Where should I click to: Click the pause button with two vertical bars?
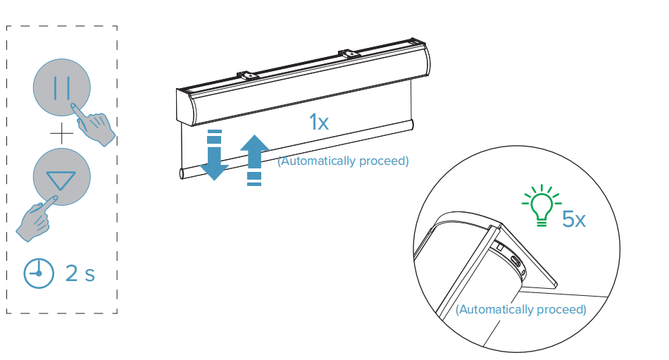tap(62, 87)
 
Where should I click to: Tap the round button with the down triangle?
tap(62, 176)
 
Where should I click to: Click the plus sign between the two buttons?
tap(62, 133)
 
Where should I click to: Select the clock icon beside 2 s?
tap(39, 273)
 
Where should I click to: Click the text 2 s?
tap(80, 273)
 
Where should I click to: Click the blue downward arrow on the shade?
tap(214, 154)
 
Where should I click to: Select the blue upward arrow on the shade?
tap(254, 160)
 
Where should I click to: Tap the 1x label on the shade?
tap(319, 122)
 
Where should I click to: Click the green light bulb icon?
tap(542, 205)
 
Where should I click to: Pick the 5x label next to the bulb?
tap(574, 219)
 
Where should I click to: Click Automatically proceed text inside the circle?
tap(521, 309)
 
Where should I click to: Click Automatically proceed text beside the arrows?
tap(343, 161)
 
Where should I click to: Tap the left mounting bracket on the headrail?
tap(248, 75)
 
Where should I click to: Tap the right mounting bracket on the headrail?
tap(349, 54)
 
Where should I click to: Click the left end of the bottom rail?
tap(182, 173)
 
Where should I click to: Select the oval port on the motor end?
tap(515, 260)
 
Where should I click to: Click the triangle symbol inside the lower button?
tap(61, 180)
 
